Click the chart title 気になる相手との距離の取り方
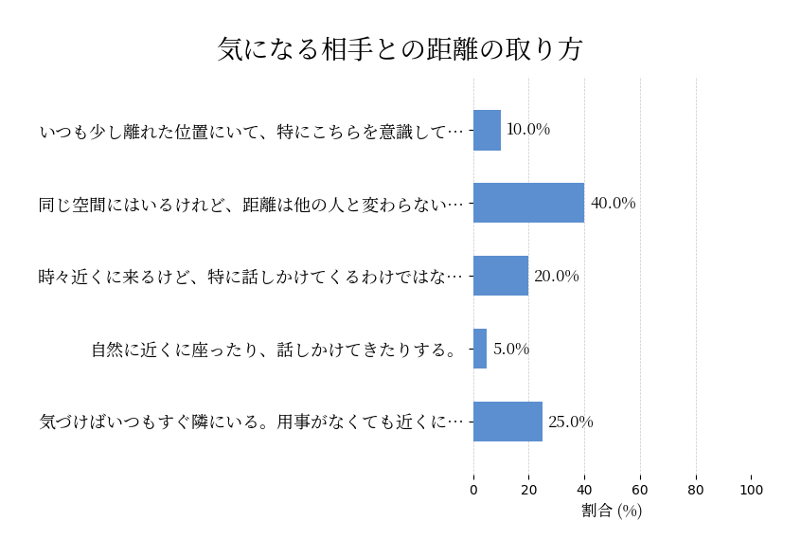click(x=400, y=49)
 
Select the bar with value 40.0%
click(x=528, y=203)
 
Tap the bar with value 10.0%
click(x=487, y=130)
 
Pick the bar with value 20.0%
click(x=501, y=276)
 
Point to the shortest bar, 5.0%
click(x=480, y=349)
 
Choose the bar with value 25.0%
click(x=507, y=422)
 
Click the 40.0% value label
click(x=613, y=204)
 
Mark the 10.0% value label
click(x=528, y=130)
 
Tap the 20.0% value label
click(x=556, y=277)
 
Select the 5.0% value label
click(x=511, y=350)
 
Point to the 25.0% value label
click(x=571, y=422)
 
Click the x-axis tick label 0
click(x=473, y=490)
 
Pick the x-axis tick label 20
click(x=529, y=490)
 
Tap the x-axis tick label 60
click(x=640, y=490)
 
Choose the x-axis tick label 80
click(x=696, y=490)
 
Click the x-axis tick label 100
click(x=752, y=490)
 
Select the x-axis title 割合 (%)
click(x=612, y=511)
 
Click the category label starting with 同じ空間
click(x=252, y=204)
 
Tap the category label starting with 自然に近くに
click(x=275, y=350)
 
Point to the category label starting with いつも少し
click(x=252, y=131)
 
